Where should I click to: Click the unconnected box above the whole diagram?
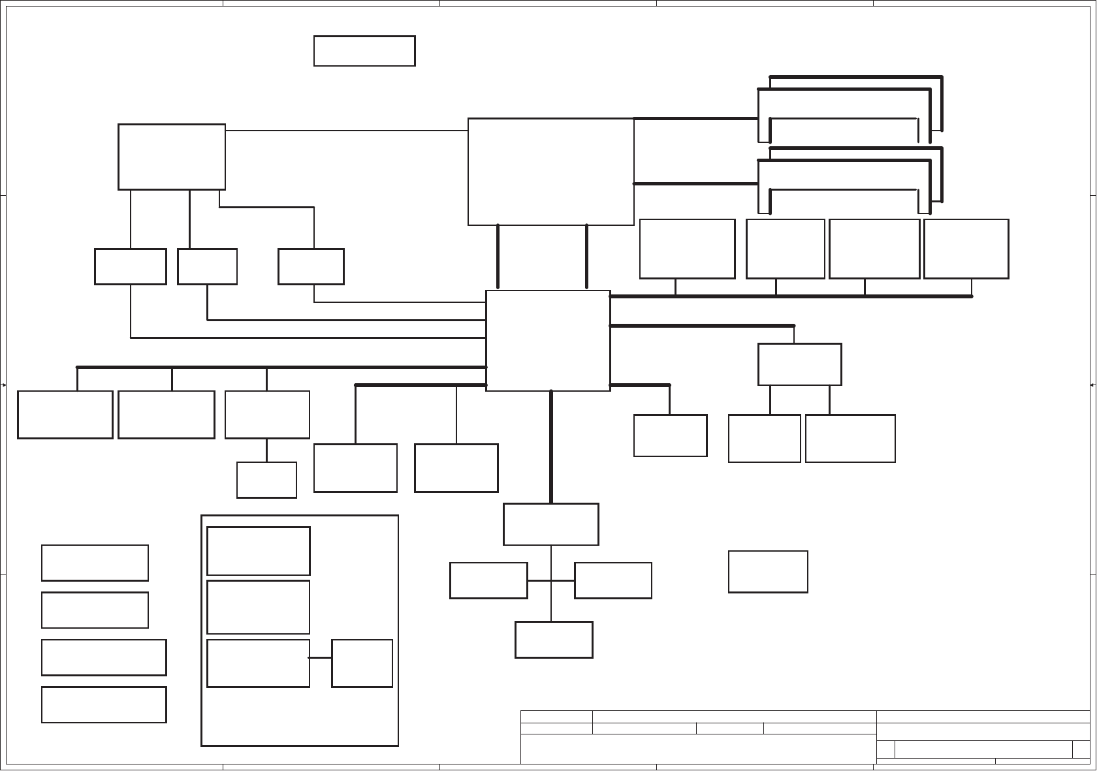point(364,51)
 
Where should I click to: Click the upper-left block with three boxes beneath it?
point(172,157)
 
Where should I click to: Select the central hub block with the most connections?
point(548,341)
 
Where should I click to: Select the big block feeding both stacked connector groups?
point(550,172)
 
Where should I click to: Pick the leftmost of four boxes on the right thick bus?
point(687,249)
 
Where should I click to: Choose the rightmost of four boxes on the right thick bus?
point(966,249)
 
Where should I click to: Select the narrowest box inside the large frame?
point(362,663)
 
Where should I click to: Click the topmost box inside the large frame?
point(258,551)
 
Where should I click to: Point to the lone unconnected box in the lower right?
point(768,572)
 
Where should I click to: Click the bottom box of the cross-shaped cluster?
point(554,640)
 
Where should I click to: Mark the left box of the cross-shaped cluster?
point(488,580)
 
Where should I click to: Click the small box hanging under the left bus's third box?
point(266,480)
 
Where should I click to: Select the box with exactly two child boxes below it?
point(799,364)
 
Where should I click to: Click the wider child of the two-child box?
point(850,438)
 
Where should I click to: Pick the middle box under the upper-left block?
point(207,266)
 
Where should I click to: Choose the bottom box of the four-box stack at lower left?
point(104,704)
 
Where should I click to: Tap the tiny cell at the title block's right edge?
point(1081,749)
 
